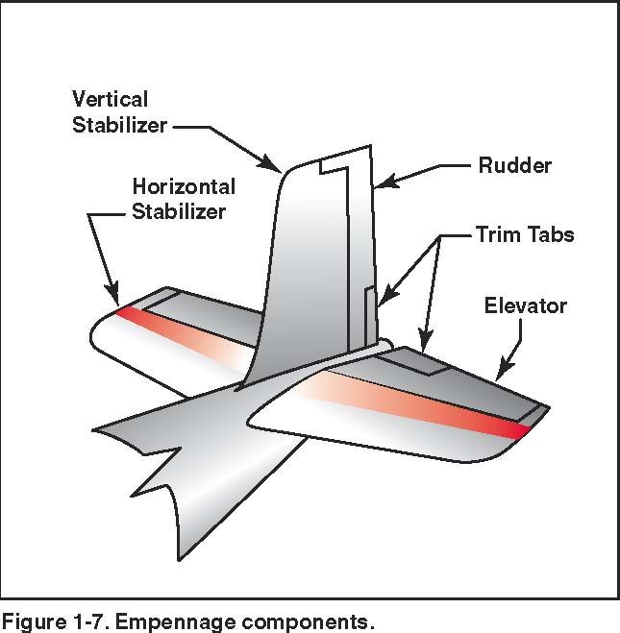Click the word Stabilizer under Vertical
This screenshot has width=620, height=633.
[x=120, y=126]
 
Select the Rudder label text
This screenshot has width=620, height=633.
[x=515, y=165]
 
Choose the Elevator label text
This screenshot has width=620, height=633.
[x=525, y=306]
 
